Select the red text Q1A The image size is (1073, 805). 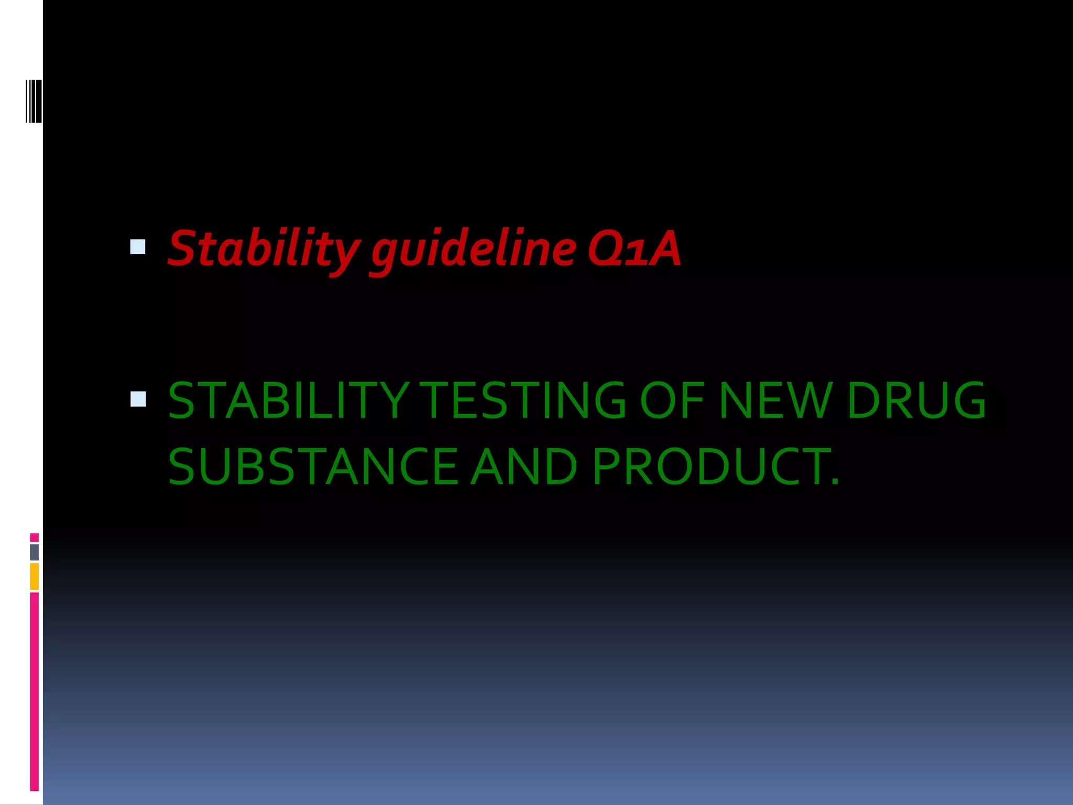pos(634,248)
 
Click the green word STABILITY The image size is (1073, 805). pos(288,401)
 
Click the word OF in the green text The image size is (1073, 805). pos(672,401)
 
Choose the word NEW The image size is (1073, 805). pos(775,401)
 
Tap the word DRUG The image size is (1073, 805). pos(916,401)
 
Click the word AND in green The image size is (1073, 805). pos(524,466)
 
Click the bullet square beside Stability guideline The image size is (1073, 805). pos(138,247)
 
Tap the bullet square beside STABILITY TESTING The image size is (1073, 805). pos(138,399)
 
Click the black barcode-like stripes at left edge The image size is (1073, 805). pos(34,101)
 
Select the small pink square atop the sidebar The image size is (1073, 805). pos(34,537)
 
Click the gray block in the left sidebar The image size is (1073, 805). pos(34,552)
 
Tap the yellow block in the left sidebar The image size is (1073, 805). pos(34,576)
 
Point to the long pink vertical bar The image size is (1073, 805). pos(34,692)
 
